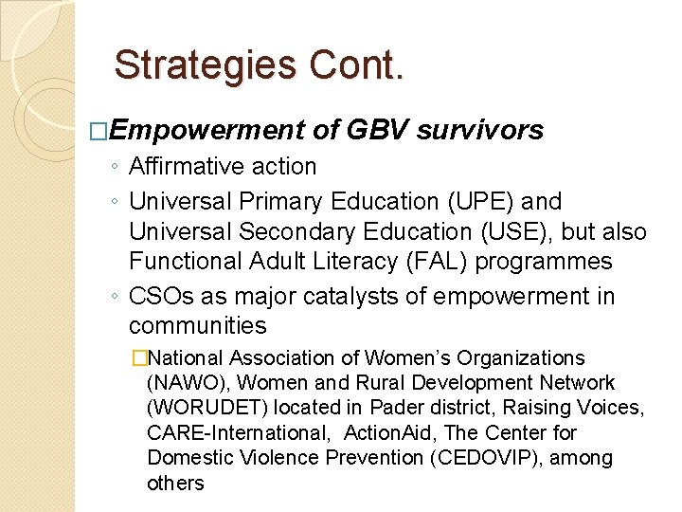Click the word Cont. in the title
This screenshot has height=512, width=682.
click(354, 65)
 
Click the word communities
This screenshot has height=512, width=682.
click(198, 326)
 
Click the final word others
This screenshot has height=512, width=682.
click(175, 483)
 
